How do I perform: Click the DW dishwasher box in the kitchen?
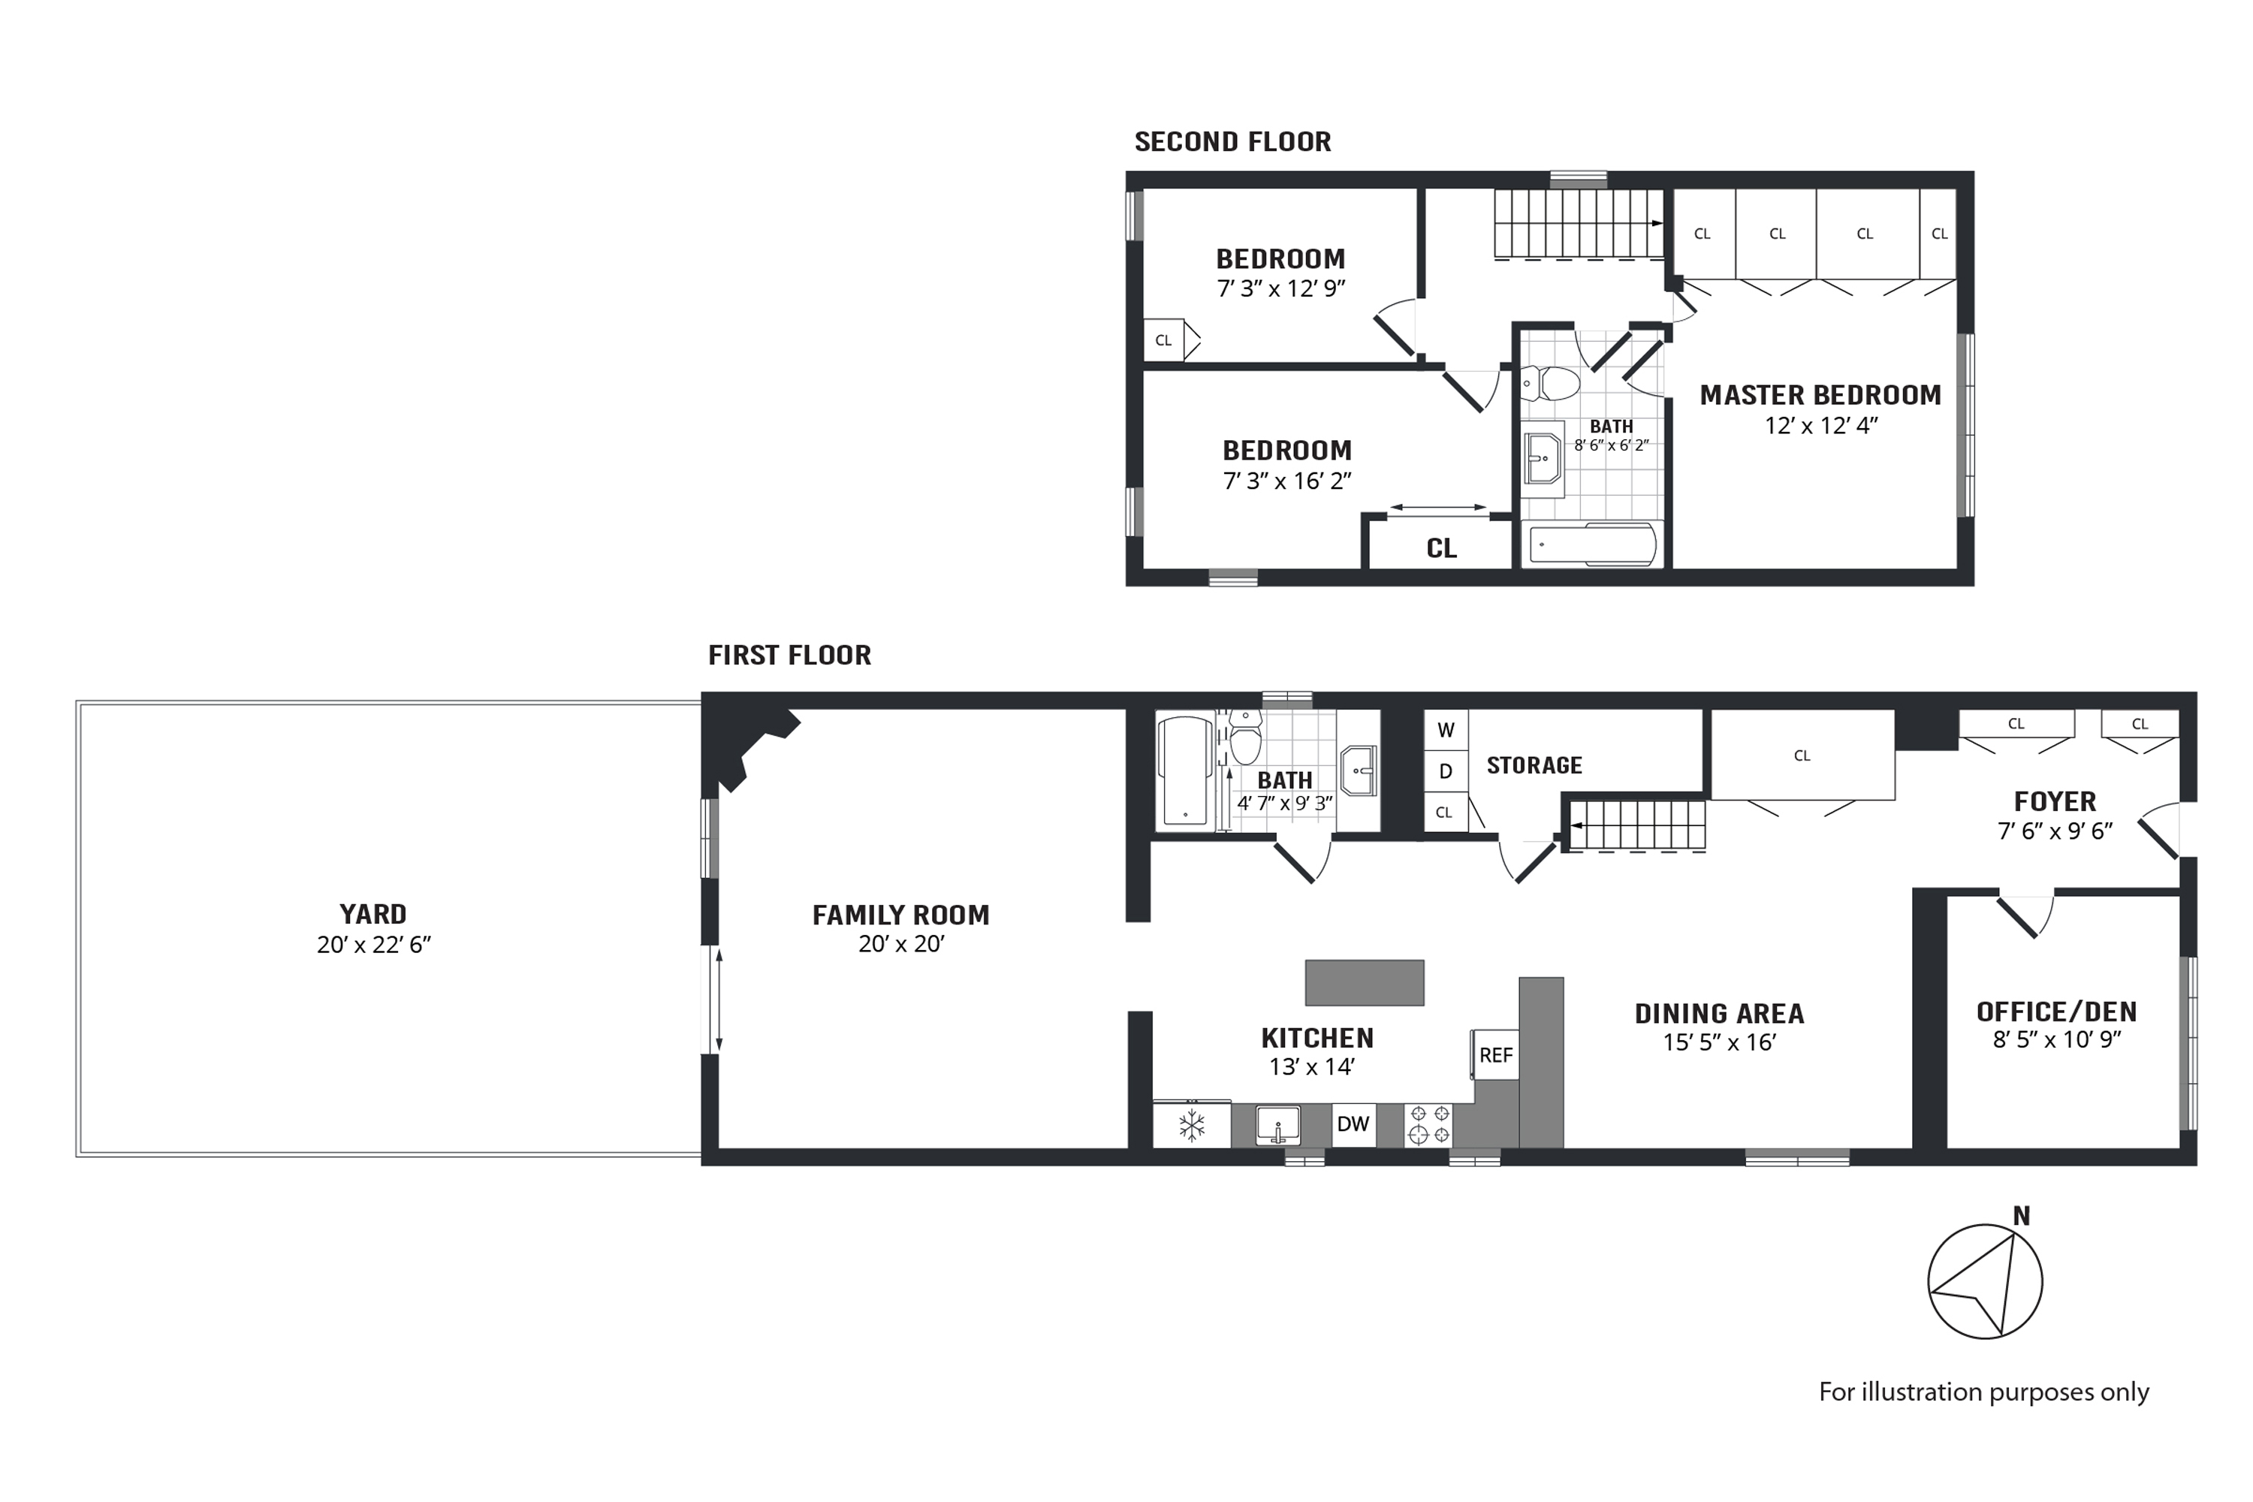pos(1353,1123)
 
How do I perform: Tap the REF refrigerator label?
pos(1495,1054)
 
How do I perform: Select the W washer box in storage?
pos(1446,730)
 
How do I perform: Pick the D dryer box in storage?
pos(1446,771)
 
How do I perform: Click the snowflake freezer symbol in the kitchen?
pos(1192,1126)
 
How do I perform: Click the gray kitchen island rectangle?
pos(1364,983)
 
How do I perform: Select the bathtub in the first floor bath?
pos(1185,772)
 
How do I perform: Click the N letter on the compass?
pos(2021,1216)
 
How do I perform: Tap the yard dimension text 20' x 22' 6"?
pos(373,945)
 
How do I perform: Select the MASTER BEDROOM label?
pos(1820,395)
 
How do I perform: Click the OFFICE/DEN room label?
pos(2057,1012)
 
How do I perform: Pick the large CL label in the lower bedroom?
pos(1440,548)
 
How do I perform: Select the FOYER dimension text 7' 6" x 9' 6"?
pos(2055,831)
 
